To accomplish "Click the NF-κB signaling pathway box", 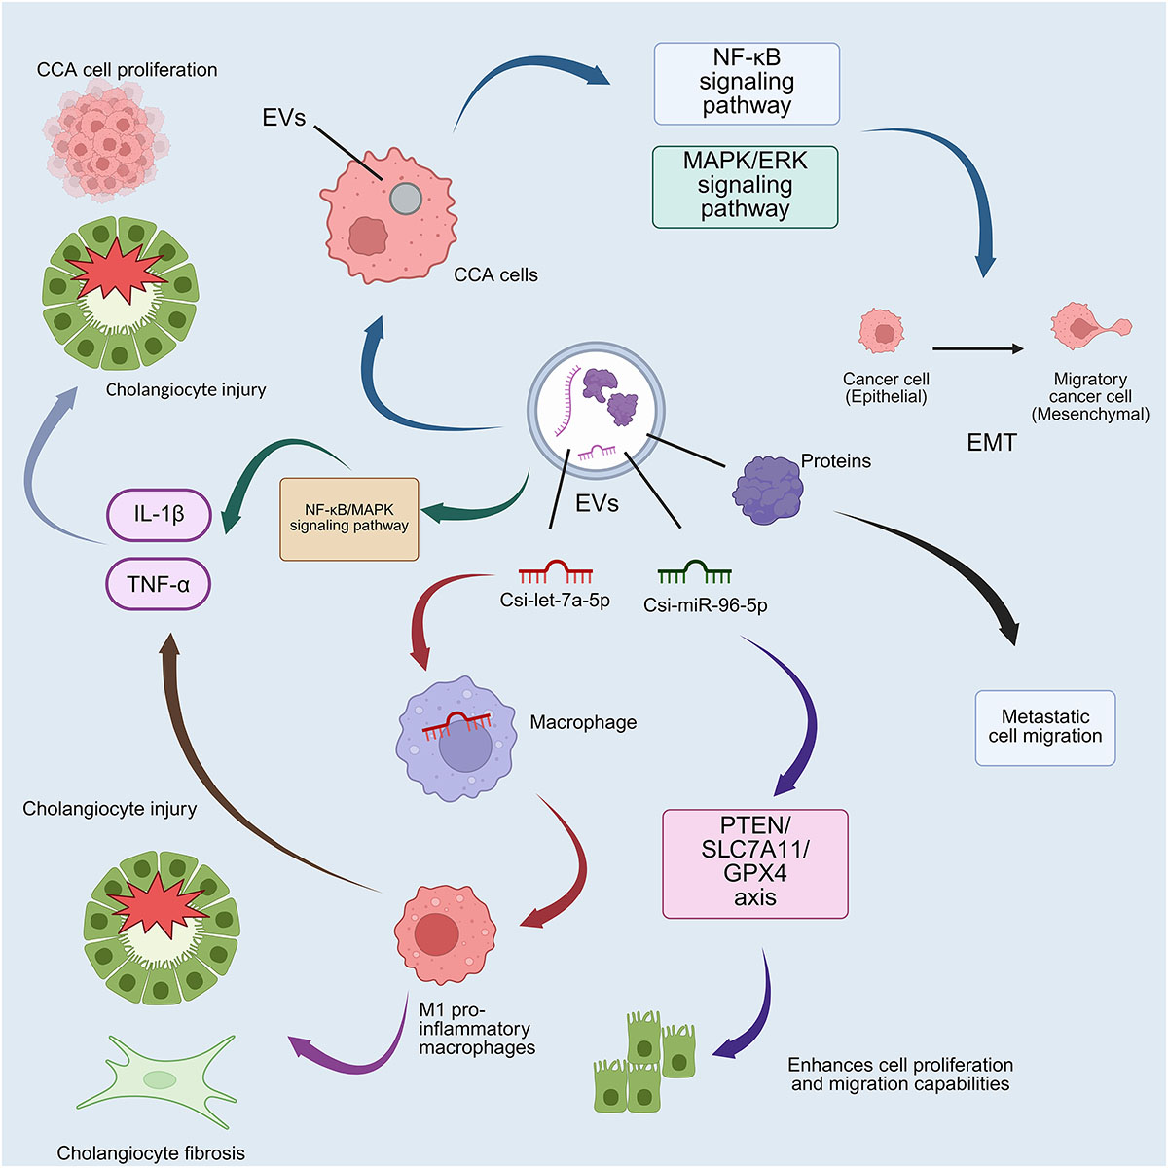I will click(747, 84).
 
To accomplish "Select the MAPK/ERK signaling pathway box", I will click(746, 186).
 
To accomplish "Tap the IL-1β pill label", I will click(159, 515).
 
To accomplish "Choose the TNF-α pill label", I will click(158, 585).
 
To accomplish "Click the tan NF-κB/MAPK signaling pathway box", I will click(348, 519).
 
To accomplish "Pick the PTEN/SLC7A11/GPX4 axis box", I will click(755, 863).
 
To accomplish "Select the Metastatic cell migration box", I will click(1045, 728).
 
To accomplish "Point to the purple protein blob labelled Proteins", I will click(769, 490).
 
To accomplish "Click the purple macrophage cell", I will click(456, 739).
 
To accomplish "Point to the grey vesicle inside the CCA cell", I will click(406, 200).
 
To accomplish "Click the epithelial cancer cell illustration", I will click(882, 332).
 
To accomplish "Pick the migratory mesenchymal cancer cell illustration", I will click(1088, 327).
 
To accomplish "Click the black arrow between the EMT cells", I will click(977, 348).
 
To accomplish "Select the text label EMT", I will click(991, 443).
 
